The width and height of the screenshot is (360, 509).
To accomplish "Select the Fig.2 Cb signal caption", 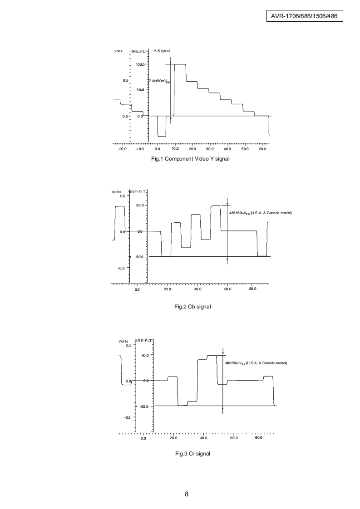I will (192, 307).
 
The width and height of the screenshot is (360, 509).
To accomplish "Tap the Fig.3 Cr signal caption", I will (192, 454).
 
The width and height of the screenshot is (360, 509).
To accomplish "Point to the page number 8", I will (187, 494).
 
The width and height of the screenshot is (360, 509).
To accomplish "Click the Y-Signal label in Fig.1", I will (162, 51).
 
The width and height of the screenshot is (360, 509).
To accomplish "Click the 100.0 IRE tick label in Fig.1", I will (140, 65).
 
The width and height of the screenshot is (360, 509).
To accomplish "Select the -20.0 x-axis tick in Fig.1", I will (122, 149).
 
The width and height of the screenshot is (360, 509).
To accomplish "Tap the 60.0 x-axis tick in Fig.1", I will (262, 149).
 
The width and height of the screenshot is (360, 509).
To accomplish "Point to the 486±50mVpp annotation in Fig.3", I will (256, 363).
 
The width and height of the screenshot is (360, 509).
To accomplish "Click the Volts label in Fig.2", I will (116, 192).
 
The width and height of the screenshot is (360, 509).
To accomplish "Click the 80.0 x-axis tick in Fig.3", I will (259, 438).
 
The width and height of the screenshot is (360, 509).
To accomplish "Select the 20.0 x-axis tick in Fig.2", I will (167, 289).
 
